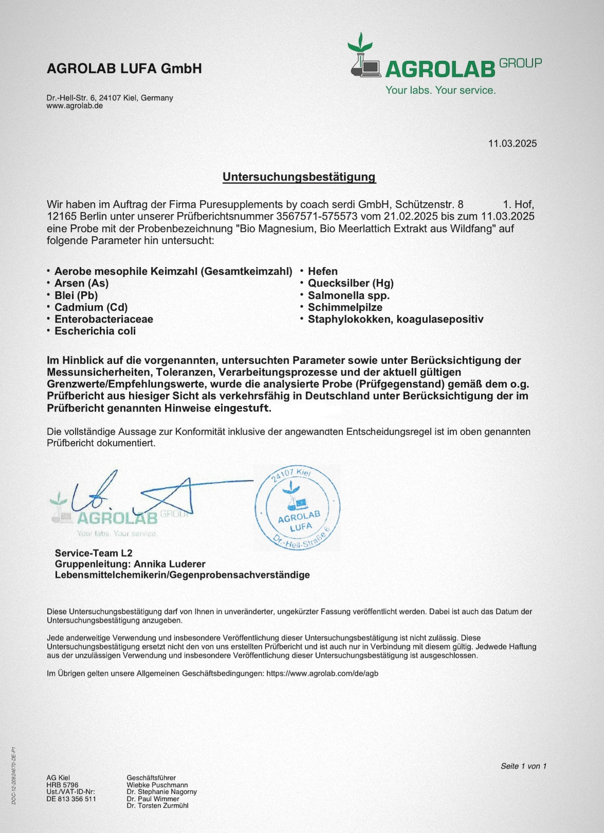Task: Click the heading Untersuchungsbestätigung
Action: [x=299, y=177]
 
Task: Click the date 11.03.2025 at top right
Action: [x=512, y=144]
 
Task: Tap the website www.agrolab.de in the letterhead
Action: [x=75, y=106]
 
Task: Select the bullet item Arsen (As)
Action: [x=81, y=283]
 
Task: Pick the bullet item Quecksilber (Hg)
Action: [x=350, y=283]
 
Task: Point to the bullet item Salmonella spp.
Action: [x=349, y=295]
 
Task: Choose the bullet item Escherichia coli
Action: [x=95, y=331]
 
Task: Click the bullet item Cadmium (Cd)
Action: [x=90, y=307]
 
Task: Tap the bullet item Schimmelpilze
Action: [x=345, y=307]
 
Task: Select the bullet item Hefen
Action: [x=322, y=271]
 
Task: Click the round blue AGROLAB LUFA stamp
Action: [x=298, y=508]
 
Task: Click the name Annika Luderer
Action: [x=169, y=564]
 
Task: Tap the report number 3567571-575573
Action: [x=317, y=217]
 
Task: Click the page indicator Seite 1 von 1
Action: [x=523, y=766]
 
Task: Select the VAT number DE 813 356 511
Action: [x=71, y=799]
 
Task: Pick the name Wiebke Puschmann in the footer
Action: [x=157, y=785]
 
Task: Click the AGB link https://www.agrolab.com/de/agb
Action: [x=322, y=673]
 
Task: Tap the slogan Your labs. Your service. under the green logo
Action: [x=441, y=91]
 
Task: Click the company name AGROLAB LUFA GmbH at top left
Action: [x=124, y=68]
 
